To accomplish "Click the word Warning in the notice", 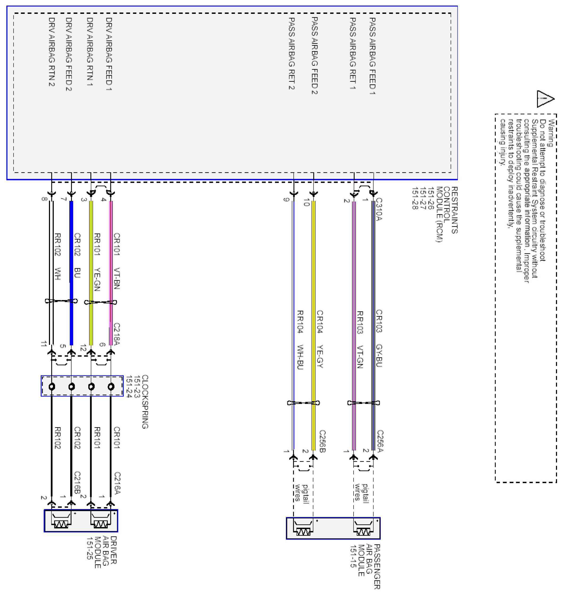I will tap(551, 133).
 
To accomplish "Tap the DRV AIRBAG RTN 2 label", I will tap(52, 52).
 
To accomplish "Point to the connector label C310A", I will tap(379, 209).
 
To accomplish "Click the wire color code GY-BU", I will tap(379, 355).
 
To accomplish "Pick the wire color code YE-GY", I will tap(319, 357).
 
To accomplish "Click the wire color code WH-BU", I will tap(300, 357).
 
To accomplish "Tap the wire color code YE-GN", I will tap(97, 279).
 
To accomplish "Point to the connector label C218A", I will tap(117, 334).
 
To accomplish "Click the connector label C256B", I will tap(322, 441).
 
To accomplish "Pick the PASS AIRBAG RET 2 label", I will tap(291, 53).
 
